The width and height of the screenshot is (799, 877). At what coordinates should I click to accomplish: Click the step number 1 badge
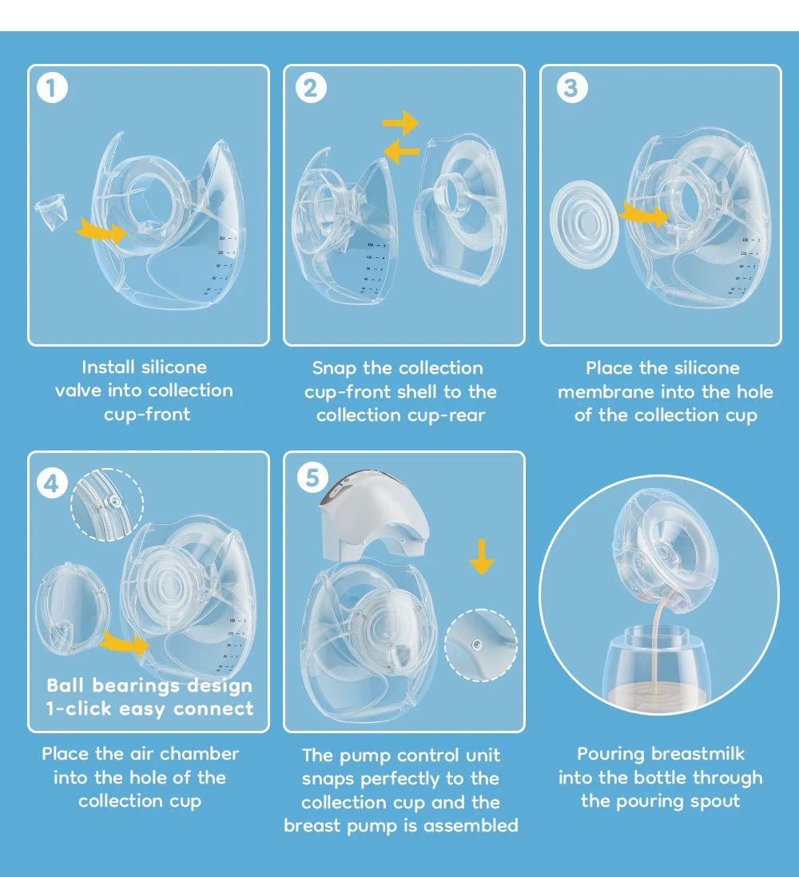pos(52,88)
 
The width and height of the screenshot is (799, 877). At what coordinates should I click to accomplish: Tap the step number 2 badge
pos(311,88)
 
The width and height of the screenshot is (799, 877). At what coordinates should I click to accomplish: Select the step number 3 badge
pos(570,88)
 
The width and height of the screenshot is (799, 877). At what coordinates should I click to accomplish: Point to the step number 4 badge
pos(52,483)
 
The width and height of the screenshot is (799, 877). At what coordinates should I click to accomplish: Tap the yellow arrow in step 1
pos(101,232)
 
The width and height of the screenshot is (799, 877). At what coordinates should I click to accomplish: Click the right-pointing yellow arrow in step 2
pos(400,123)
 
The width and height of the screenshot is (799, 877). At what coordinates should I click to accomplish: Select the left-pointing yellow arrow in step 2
pos(401,150)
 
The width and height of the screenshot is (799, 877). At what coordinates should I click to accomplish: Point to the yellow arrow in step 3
pos(644,214)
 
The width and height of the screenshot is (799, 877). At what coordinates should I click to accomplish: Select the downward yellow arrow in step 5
pos(481,556)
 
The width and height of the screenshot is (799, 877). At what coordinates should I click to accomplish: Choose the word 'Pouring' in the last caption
pos(611,754)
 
